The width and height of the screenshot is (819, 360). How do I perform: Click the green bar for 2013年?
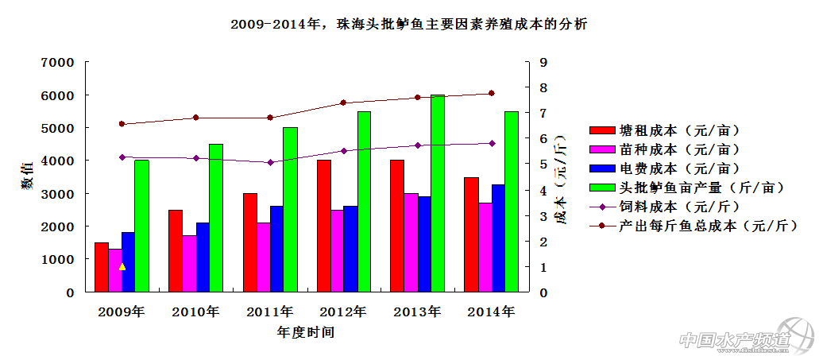point(438,193)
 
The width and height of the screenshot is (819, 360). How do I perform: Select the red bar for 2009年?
point(101,267)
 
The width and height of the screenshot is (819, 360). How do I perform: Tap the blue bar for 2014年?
point(498,238)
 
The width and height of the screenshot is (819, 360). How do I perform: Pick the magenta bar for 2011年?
point(262,257)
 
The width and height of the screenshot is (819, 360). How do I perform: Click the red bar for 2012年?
point(323,226)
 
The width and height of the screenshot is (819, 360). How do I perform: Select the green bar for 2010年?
point(216,218)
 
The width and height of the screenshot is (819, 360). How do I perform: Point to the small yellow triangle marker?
point(122,267)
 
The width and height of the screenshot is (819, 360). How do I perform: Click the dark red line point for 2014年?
point(491,93)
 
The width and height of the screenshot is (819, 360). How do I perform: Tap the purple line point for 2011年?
point(270,162)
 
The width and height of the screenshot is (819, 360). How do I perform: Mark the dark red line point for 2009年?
point(122,124)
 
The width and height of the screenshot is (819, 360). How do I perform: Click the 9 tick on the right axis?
point(543,62)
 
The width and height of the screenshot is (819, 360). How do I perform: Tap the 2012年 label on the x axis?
point(343,312)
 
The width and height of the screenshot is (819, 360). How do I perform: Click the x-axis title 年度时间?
point(306,332)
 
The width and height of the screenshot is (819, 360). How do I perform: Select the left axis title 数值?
point(27,176)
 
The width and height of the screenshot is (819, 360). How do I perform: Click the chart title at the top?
point(408,25)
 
